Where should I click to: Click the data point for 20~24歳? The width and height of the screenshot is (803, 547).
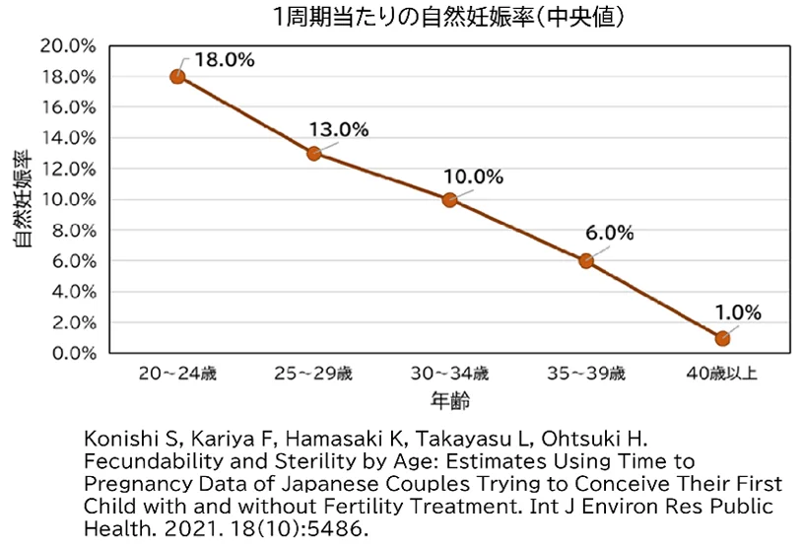(x=177, y=76)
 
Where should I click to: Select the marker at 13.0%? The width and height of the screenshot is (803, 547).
(x=313, y=153)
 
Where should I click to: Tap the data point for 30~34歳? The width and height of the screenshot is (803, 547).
(x=449, y=199)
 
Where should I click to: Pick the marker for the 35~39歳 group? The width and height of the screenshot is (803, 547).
(x=585, y=261)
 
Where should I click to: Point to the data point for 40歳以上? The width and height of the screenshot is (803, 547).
(x=722, y=338)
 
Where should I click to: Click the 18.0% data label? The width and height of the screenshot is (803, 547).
(x=225, y=59)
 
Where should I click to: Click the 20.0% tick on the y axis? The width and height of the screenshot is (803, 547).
(x=68, y=46)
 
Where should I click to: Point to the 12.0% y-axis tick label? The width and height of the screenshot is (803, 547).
(x=68, y=169)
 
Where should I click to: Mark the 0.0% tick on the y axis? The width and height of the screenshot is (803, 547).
(x=71, y=353)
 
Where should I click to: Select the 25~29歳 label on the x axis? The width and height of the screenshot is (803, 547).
(x=313, y=375)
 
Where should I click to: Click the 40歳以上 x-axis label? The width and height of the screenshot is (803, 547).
(x=722, y=375)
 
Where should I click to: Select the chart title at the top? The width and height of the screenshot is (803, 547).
(x=448, y=18)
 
